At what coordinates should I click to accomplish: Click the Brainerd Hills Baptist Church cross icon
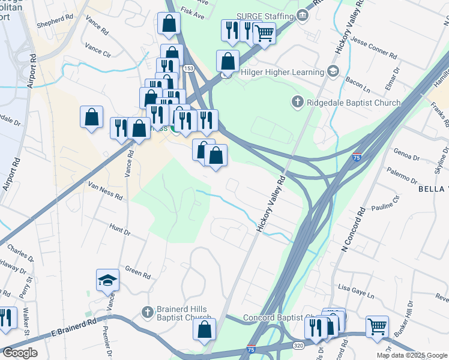coord(148,312)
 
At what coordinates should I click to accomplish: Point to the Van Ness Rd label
coord(105,193)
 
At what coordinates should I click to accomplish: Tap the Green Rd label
coord(137,273)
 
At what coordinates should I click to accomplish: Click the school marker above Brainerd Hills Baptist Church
coord(108,280)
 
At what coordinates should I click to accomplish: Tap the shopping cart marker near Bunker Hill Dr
coord(377,327)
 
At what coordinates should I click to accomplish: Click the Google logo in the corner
coord(20,352)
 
